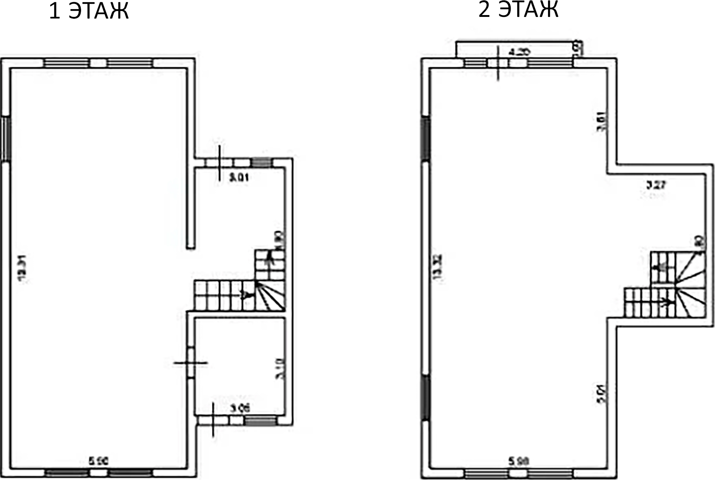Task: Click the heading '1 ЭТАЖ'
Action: click(88, 11)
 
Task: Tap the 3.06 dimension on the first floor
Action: click(240, 408)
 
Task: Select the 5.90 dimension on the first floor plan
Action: click(99, 461)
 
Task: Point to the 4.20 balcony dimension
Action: click(520, 52)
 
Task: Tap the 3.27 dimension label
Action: click(655, 184)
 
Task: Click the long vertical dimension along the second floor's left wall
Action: click(438, 267)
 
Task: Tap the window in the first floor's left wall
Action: click(6, 138)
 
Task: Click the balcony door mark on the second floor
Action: click(498, 63)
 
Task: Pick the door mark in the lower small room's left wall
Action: click(190, 363)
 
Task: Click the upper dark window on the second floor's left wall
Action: click(425, 138)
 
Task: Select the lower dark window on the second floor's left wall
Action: click(425, 398)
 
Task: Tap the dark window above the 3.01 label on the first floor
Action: click(262, 162)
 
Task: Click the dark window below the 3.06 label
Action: click(260, 421)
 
